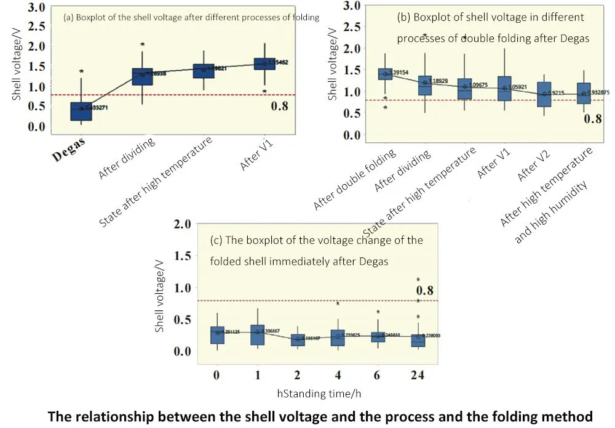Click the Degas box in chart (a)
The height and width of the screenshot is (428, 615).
tap(81, 111)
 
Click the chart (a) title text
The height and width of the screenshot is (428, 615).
tap(191, 17)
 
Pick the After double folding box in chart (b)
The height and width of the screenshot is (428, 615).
tap(386, 74)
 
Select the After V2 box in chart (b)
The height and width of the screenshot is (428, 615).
tap(544, 94)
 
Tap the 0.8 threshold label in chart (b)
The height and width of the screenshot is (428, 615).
tap(592, 119)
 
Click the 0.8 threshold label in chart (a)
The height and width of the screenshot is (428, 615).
tap(280, 106)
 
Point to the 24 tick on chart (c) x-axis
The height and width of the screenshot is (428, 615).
tap(418, 375)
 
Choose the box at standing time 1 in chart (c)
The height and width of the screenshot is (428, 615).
tap(258, 335)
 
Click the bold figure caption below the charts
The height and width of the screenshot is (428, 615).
tap(320, 416)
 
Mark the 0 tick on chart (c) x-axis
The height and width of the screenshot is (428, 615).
tap(216, 375)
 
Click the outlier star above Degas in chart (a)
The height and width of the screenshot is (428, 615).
tap(81, 72)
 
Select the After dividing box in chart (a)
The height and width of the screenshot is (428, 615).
tap(143, 76)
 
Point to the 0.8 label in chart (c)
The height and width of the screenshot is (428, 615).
tap(426, 291)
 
